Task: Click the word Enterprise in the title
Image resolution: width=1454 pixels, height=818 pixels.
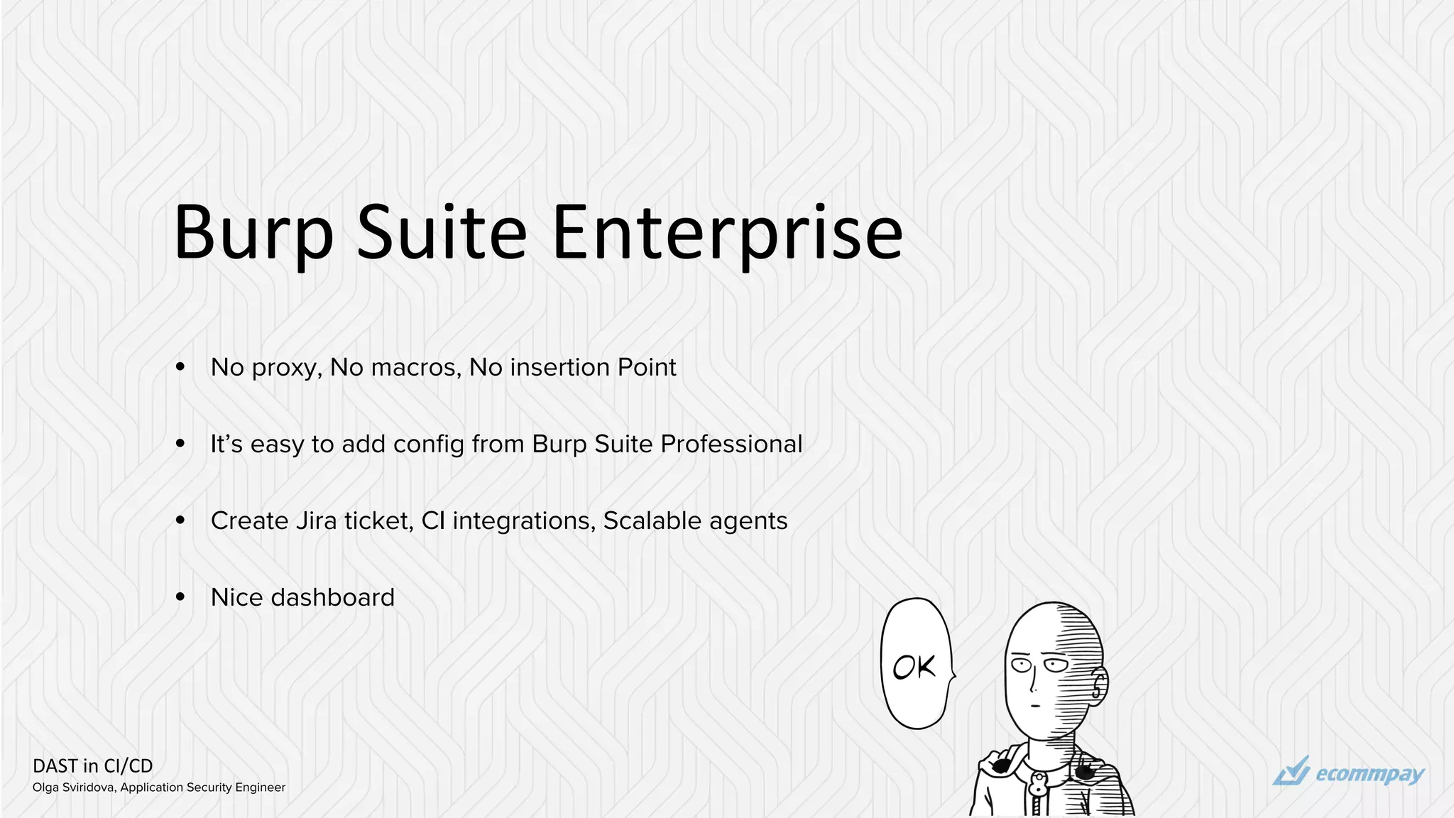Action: coord(727,233)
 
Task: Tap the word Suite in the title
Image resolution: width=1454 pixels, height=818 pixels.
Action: coord(441,233)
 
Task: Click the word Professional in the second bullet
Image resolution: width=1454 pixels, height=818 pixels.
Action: coord(731,444)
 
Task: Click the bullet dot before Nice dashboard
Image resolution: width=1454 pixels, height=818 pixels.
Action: coord(180,598)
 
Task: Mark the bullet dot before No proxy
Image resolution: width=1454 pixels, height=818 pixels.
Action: coord(180,368)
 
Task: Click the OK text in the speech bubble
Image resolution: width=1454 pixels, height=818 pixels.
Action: coord(914,667)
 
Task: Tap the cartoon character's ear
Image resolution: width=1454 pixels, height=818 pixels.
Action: coord(1098,685)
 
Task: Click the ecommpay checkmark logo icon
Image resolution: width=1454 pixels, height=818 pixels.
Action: coord(1291,772)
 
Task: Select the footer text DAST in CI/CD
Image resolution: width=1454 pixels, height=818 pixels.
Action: coord(93,766)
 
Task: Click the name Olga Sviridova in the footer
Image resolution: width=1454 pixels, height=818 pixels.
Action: coord(74,787)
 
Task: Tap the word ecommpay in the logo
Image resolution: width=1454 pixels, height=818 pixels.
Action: coord(1370,774)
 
